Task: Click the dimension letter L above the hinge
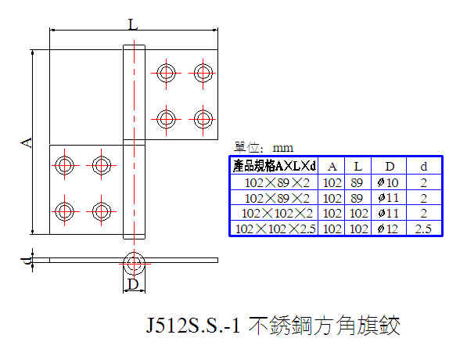click(x=133, y=24)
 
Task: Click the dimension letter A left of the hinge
click(x=27, y=142)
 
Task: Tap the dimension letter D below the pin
click(x=133, y=284)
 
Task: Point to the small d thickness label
click(x=27, y=261)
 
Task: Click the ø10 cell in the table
click(x=388, y=182)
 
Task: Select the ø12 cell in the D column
click(x=388, y=229)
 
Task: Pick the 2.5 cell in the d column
click(x=423, y=229)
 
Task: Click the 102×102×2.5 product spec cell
click(x=275, y=229)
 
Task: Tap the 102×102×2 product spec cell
click(x=277, y=214)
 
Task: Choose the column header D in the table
click(x=390, y=166)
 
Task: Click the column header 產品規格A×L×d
click(x=275, y=166)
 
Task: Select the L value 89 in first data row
click(x=357, y=182)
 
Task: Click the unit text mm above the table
click(x=282, y=148)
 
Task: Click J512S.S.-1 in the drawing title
click(x=193, y=326)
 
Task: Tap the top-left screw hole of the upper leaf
click(x=166, y=73)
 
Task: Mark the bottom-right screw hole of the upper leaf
click(x=203, y=119)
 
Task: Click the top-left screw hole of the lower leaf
click(x=64, y=165)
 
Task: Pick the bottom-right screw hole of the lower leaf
click(x=101, y=211)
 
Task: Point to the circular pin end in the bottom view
click(x=134, y=264)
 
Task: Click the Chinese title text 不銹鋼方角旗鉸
click(x=324, y=326)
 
